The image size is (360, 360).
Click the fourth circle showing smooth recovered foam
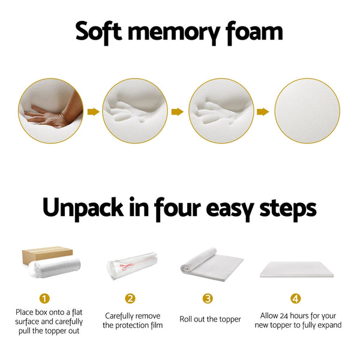point(303,111)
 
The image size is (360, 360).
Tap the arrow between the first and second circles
point(92,111)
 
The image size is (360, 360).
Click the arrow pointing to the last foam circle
point(262,111)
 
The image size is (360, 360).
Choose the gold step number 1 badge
point(44,298)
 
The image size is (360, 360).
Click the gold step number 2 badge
point(130,298)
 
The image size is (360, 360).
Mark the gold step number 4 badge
point(295,298)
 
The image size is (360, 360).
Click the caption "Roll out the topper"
point(210,319)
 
